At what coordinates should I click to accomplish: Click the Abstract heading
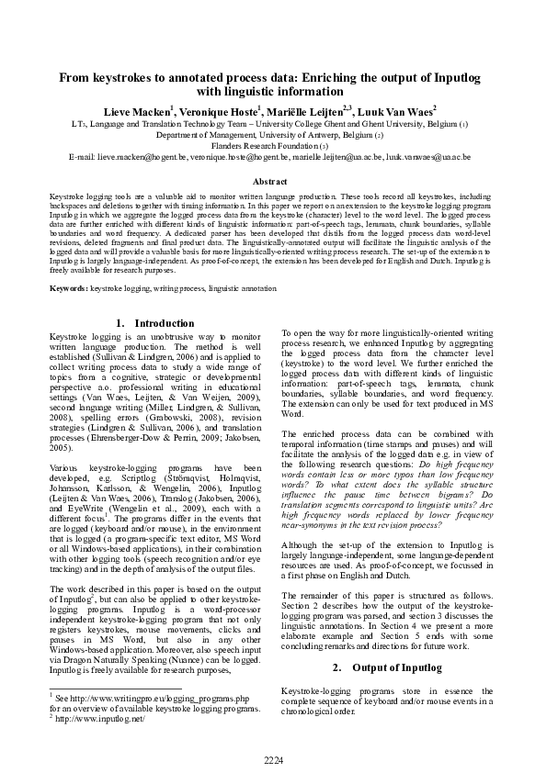click(273, 184)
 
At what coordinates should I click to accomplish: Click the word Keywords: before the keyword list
click(69, 288)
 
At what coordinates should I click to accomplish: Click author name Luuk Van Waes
click(397, 109)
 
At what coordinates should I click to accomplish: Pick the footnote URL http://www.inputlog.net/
click(101, 719)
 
